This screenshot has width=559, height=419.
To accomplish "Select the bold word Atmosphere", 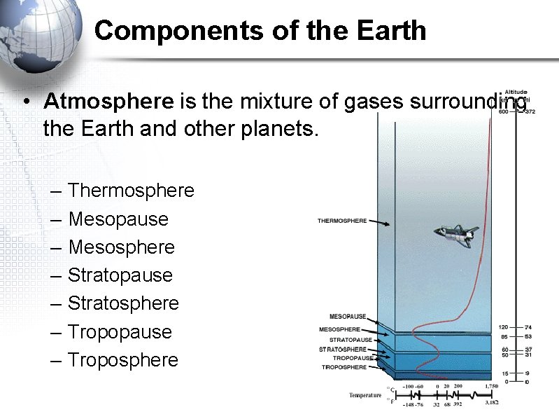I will pyautogui.click(x=108, y=102).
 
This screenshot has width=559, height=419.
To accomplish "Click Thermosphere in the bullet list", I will pyautogui.click(x=131, y=191).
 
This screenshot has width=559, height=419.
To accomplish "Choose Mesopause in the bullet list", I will pyautogui.click(x=118, y=219).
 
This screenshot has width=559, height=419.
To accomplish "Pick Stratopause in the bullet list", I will pyautogui.click(x=120, y=275).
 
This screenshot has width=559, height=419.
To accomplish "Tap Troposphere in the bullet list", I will pyautogui.click(x=123, y=359).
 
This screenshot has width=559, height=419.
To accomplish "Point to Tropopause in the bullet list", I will pyautogui.click(x=120, y=331).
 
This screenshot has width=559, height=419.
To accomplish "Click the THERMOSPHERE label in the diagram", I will pyautogui.click(x=342, y=221).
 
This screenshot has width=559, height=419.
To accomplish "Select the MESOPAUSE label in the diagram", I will pyautogui.click(x=348, y=317).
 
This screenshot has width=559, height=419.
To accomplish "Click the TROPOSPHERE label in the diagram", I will pyautogui.click(x=344, y=367).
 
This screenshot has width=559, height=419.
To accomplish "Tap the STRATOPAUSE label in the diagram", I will pyautogui.click(x=351, y=340).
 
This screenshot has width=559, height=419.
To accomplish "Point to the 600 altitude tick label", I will pyautogui.click(x=504, y=112).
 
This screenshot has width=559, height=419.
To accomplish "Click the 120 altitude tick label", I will pyautogui.click(x=503, y=327).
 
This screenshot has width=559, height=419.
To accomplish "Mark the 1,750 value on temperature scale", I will pyautogui.click(x=493, y=386).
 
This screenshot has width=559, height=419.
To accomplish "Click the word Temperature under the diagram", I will pyautogui.click(x=366, y=395).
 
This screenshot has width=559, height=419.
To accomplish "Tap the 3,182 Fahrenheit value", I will pyautogui.click(x=492, y=404).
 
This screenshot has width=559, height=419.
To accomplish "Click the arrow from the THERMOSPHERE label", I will pyautogui.click(x=378, y=222).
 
